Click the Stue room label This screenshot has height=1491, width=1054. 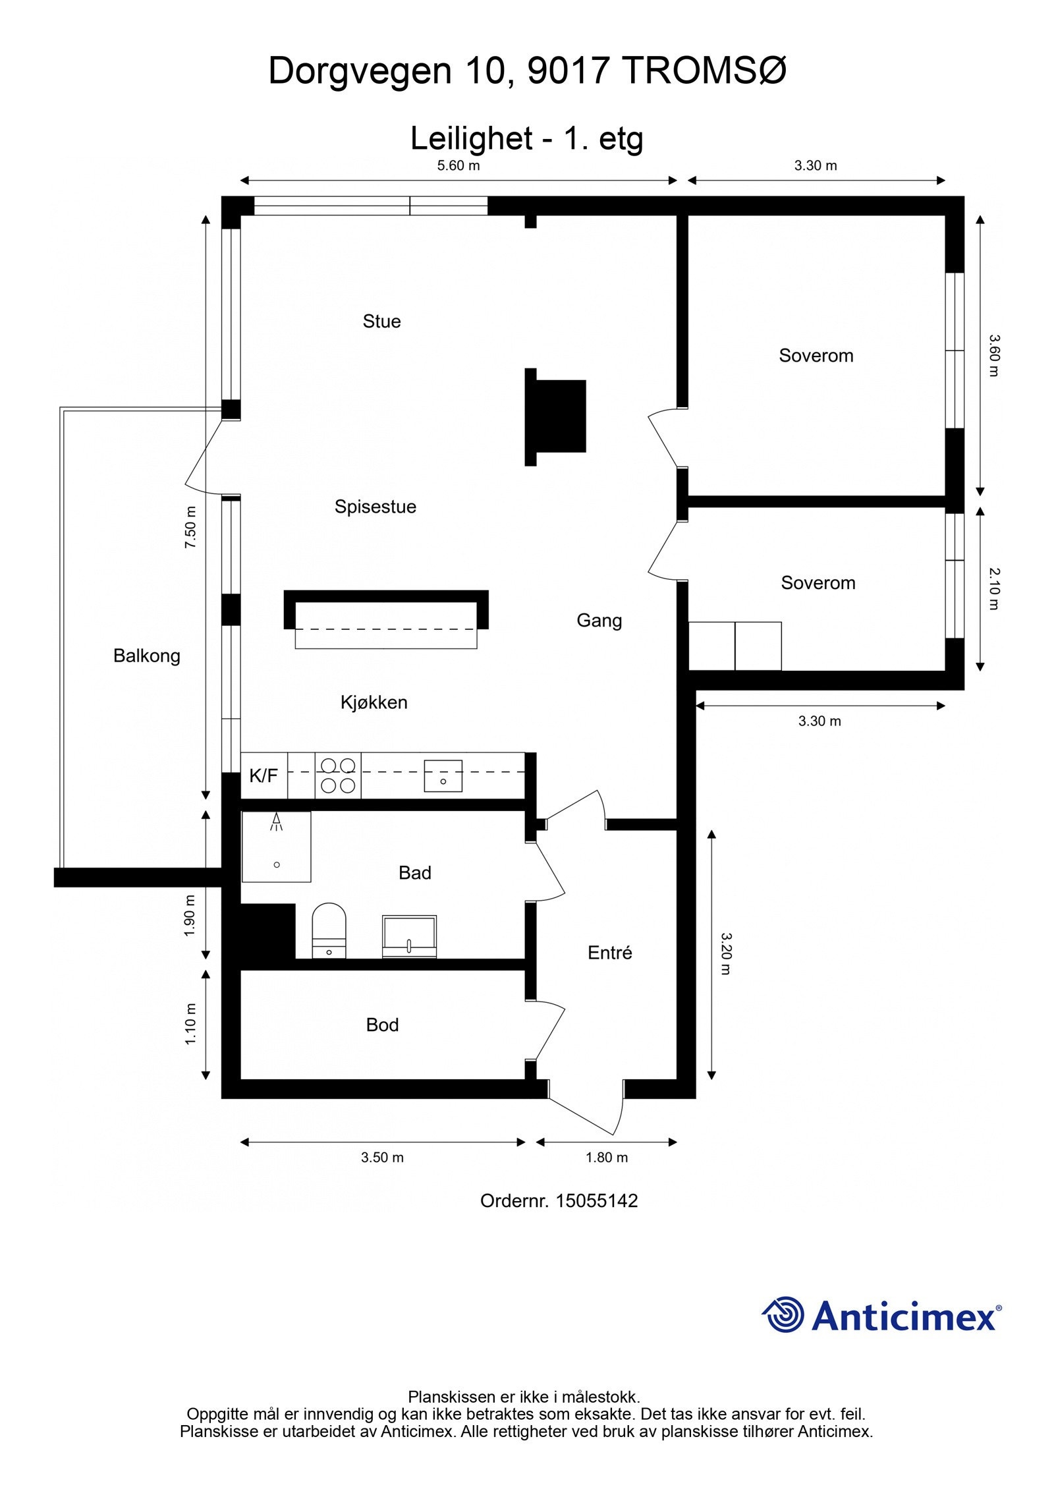(x=381, y=322)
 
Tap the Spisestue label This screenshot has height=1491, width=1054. (x=375, y=507)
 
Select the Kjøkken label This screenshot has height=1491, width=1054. (x=374, y=702)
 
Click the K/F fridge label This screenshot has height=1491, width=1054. (x=263, y=776)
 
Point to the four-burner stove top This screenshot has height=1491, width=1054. (x=338, y=775)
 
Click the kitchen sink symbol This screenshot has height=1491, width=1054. (x=443, y=775)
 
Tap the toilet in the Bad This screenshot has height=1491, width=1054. (x=329, y=930)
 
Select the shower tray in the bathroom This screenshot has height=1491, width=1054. (x=276, y=847)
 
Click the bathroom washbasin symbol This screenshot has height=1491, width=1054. (x=409, y=936)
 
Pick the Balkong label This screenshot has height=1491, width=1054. (x=146, y=656)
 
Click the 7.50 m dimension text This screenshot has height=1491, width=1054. (x=191, y=527)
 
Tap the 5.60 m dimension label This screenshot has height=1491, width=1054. (x=458, y=166)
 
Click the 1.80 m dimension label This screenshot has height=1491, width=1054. (x=607, y=1157)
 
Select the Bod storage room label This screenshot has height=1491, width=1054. (x=382, y=1025)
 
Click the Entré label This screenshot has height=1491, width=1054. (x=609, y=953)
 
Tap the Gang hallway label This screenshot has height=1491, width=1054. (x=599, y=620)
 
